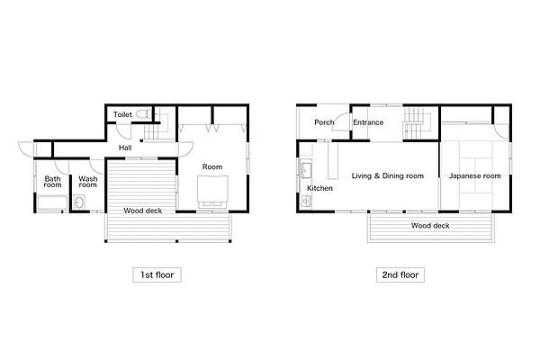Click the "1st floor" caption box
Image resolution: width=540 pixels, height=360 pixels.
pyautogui.click(x=157, y=274)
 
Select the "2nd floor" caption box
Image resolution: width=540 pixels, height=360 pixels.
pyautogui.click(x=400, y=274)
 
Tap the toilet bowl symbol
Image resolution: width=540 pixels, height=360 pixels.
pyautogui.click(x=143, y=113)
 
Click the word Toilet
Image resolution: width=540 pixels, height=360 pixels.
pyautogui.click(x=122, y=114)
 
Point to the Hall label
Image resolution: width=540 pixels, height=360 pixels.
pyautogui.click(x=125, y=148)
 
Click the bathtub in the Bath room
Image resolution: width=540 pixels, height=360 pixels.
pyautogui.click(x=52, y=203)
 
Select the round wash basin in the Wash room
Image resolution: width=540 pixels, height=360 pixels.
pyautogui.click(x=79, y=202)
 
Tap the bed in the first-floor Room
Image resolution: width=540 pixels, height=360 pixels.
pyautogui.click(x=212, y=192)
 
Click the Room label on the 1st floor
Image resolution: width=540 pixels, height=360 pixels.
pyautogui.click(x=212, y=166)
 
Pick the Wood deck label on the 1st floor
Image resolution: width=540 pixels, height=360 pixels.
pyautogui.click(x=142, y=211)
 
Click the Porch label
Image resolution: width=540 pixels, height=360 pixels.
pyautogui.click(x=324, y=122)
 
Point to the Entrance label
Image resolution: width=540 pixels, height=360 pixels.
pyautogui.click(x=368, y=122)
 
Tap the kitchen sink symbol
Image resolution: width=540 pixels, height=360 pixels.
pyautogui.click(x=306, y=170)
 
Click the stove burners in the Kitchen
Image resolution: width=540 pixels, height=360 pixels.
pyautogui.click(x=306, y=202)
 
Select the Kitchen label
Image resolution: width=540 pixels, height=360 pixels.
pyautogui.click(x=319, y=188)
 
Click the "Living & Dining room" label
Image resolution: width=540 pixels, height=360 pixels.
pyautogui.click(x=387, y=175)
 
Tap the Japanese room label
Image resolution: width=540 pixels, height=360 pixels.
pyautogui.click(x=474, y=175)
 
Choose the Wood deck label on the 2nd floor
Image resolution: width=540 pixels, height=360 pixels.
pyautogui.click(x=430, y=226)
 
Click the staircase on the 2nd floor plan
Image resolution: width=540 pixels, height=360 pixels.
pyautogui.click(x=418, y=123)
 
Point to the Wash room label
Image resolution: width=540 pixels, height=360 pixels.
pyautogui.click(x=88, y=182)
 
